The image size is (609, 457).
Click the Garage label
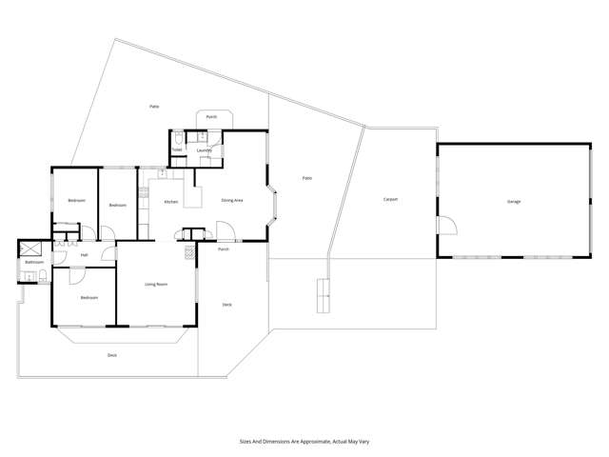tap(514, 202)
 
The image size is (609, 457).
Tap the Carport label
tap(390, 200)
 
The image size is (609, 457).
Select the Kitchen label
tap(171, 202)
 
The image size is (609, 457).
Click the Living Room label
tap(156, 284)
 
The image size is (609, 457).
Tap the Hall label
tap(84, 255)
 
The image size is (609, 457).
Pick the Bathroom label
tap(34, 262)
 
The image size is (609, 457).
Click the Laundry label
tap(204, 150)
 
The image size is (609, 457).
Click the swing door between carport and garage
tap(444, 227)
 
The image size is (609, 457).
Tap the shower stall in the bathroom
tap(28, 249)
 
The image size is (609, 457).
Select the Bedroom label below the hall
tap(88, 298)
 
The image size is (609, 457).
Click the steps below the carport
tap(324, 296)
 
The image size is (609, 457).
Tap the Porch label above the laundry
tap(211, 116)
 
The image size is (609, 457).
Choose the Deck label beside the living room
tap(226, 305)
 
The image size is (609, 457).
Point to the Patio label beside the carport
tap(307, 178)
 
